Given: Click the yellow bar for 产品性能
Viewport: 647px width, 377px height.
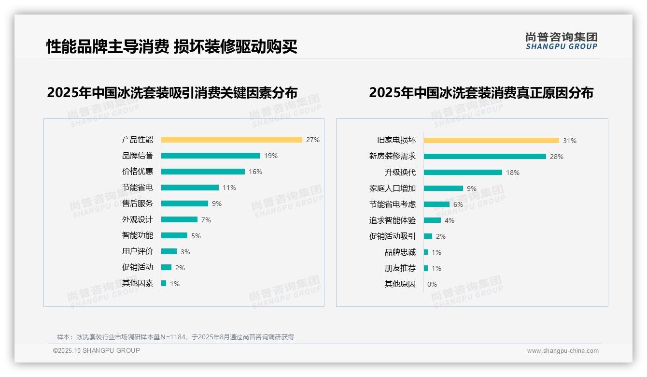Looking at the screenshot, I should pos(231,140).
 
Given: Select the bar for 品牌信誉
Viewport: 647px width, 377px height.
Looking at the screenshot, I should pos(211,156).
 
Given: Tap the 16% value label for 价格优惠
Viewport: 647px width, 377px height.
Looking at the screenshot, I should pos(255,172).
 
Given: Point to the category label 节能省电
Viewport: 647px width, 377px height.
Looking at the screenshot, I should pos(137,188).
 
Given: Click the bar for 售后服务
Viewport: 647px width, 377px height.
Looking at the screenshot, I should pos(184,203).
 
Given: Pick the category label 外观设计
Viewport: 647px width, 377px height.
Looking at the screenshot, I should pos(137,219).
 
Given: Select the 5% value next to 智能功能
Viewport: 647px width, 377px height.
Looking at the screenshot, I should pos(196,236).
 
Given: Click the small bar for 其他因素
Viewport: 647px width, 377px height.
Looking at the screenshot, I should pos(164,283).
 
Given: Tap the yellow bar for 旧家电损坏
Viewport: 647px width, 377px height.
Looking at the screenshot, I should pos(491,141).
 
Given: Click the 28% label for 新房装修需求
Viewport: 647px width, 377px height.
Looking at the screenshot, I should pos(556,157).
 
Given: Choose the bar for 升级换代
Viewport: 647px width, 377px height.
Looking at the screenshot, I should pos(463,173).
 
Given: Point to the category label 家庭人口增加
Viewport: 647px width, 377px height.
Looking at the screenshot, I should pos(392,188).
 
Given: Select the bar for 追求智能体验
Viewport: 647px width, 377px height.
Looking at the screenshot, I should pos(432,220).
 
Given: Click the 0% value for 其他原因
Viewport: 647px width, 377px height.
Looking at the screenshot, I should pos(432,284).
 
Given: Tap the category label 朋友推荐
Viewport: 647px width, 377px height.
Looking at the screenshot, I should pos(400,268).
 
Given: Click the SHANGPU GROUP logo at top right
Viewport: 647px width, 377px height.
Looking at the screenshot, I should pos(561,41).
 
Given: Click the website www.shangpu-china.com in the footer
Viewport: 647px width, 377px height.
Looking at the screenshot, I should pos(563,351).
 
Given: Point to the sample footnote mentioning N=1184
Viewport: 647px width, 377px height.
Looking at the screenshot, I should pos(175,337).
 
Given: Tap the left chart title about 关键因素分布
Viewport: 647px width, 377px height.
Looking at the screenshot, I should pos(172,92).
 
